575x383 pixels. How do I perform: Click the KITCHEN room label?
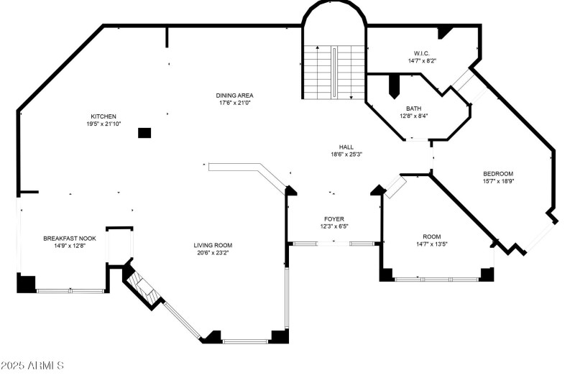point(103,116)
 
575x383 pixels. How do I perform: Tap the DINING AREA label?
point(235,96)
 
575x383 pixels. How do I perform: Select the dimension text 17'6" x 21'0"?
point(235,103)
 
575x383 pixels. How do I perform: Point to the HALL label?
point(346,147)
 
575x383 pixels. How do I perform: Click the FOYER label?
point(334,219)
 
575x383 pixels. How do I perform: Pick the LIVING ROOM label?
point(213,245)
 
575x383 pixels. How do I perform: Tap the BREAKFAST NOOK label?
point(70,239)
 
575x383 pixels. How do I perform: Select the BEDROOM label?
point(498,174)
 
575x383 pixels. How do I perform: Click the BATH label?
point(414,109)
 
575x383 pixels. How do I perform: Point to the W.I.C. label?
point(422,53)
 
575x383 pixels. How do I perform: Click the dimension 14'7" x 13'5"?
point(432,244)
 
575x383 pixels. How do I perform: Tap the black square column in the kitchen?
point(144,133)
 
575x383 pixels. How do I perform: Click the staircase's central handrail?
point(334,72)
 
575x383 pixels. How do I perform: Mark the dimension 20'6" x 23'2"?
point(213,252)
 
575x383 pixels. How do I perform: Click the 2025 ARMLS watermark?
point(32,366)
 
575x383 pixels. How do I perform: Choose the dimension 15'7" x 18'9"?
point(498,181)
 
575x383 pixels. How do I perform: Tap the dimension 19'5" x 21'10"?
point(103,124)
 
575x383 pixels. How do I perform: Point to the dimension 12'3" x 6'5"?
point(334,226)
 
